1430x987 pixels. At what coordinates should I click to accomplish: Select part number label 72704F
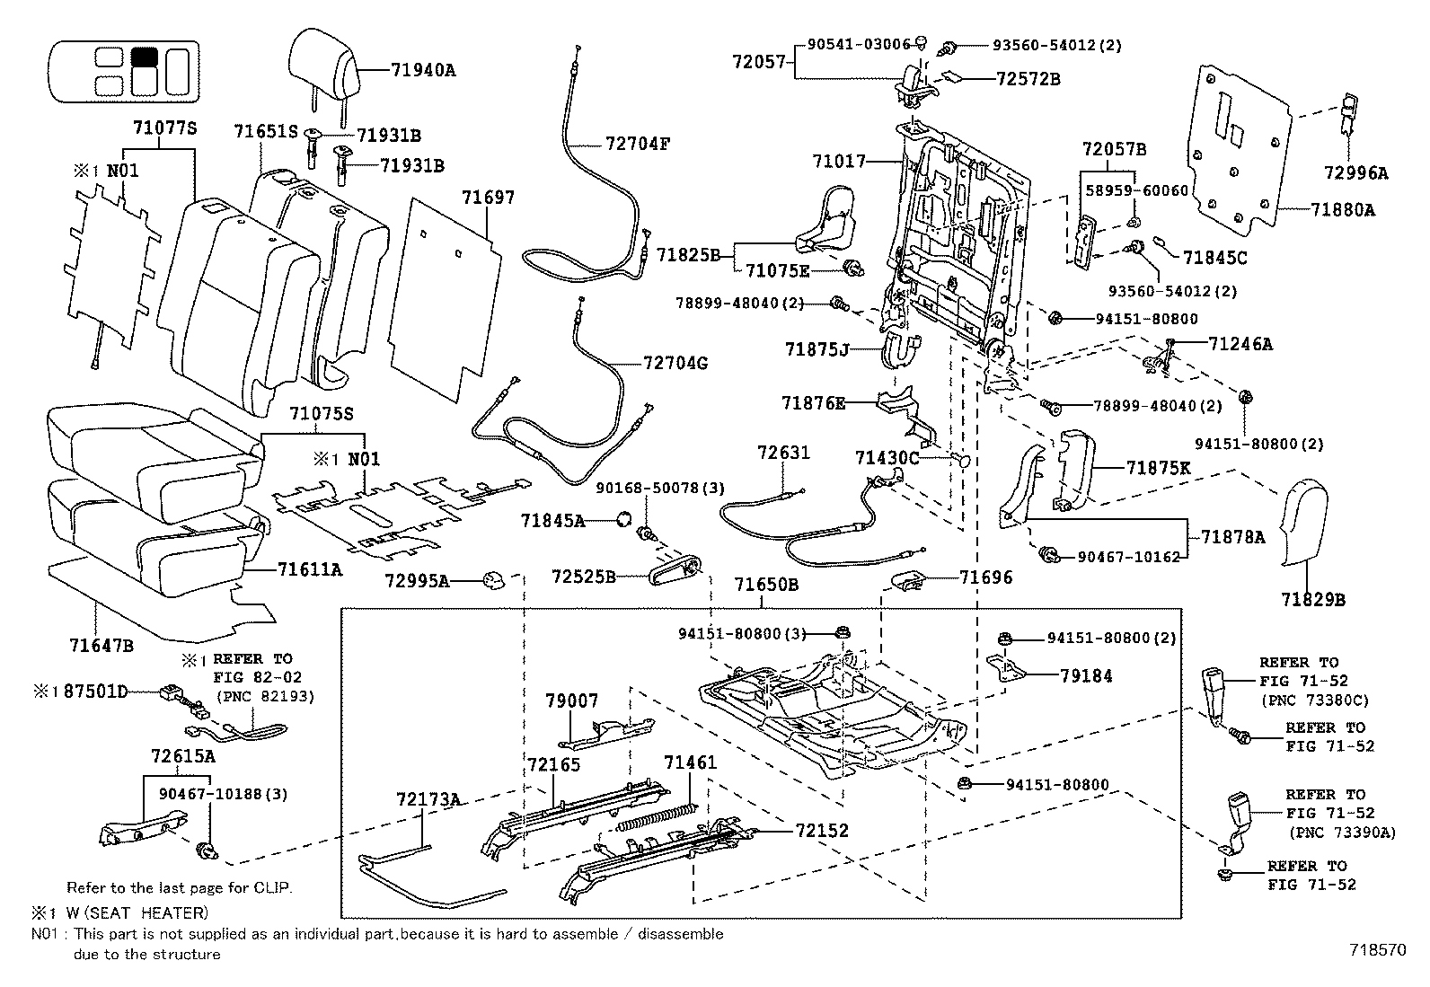click(x=638, y=144)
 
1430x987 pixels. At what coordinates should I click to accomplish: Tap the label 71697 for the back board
click(x=488, y=198)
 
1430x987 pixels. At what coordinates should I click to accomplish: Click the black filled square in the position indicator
click(x=144, y=57)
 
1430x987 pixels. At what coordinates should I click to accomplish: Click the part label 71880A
click(x=1343, y=210)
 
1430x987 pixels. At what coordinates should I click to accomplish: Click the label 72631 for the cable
click(x=783, y=453)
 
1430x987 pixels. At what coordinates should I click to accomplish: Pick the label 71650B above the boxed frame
click(x=766, y=586)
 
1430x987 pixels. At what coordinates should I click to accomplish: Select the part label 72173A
click(x=428, y=798)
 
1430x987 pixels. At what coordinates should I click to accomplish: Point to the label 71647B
click(x=102, y=644)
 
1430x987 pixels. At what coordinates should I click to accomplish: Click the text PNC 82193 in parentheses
click(x=259, y=695)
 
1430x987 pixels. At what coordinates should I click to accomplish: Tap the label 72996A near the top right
click(x=1355, y=173)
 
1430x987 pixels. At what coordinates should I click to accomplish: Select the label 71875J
click(x=816, y=348)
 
